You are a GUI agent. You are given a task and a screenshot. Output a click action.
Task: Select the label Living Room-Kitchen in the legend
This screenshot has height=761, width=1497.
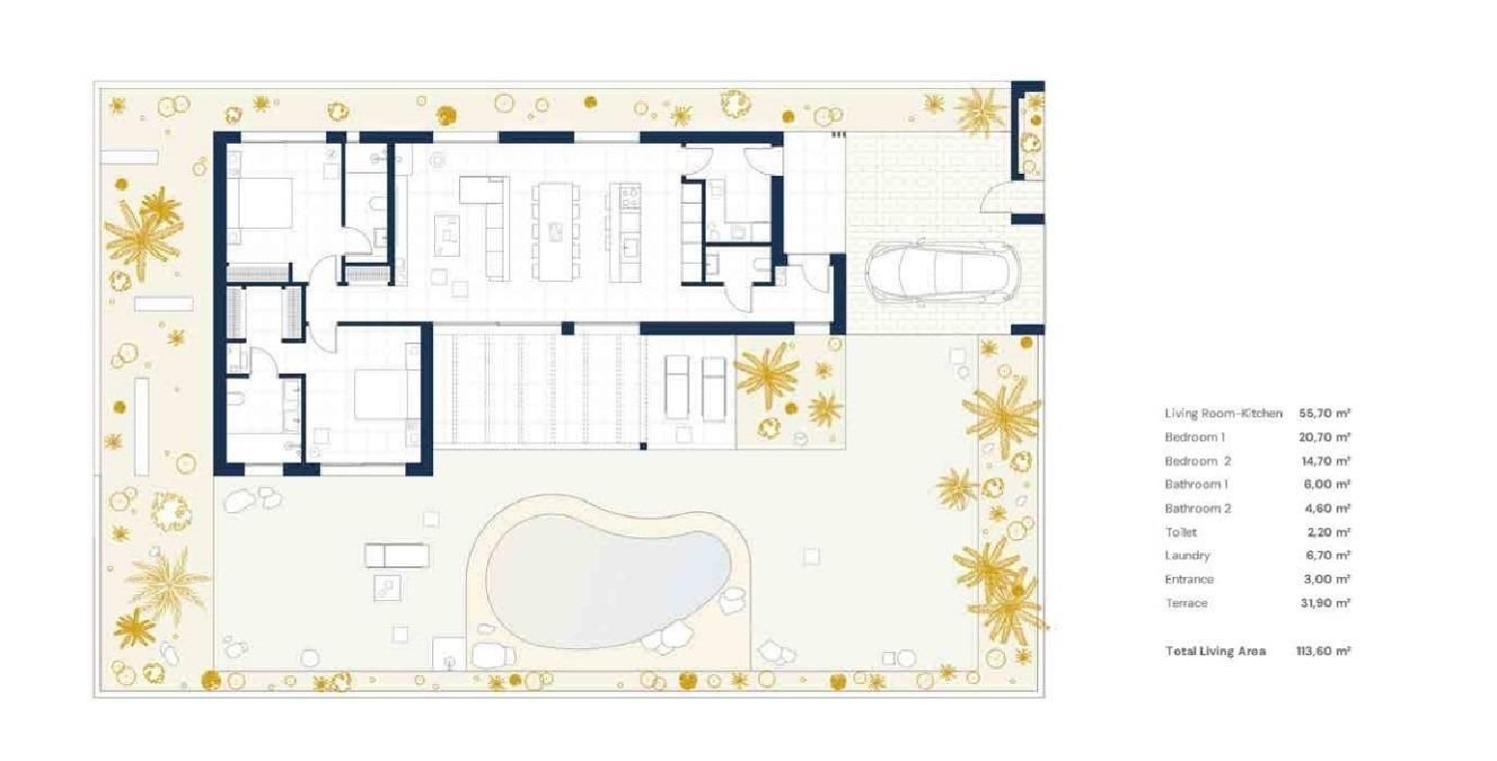tap(1223, 412)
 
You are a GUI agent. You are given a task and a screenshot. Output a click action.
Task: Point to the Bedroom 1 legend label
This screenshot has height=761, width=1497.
tap(1194, 437)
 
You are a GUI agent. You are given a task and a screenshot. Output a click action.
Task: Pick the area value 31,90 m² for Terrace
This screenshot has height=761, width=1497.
tap(1325, 603)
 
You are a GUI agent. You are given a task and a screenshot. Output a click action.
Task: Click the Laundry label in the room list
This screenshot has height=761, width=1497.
tap(1187, 555)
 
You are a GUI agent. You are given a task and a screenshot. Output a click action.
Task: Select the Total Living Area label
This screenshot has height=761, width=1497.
tap(1215, 651)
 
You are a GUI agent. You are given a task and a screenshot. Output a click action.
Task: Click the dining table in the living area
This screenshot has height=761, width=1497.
tap(554, 230)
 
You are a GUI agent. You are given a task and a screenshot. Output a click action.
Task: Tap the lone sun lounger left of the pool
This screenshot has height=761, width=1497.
tap(396, 555)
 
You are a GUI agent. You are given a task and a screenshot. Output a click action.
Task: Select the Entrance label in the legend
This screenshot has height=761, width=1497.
tap(1189, 579)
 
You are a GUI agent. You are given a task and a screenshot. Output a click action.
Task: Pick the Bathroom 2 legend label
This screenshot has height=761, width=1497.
tap(1198, 508)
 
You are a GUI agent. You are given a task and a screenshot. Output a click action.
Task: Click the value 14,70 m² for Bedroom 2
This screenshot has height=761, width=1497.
tap(1325, 461)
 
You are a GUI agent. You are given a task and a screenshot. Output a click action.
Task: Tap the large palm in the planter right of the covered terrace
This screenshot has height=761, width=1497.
tap(766, 376)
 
